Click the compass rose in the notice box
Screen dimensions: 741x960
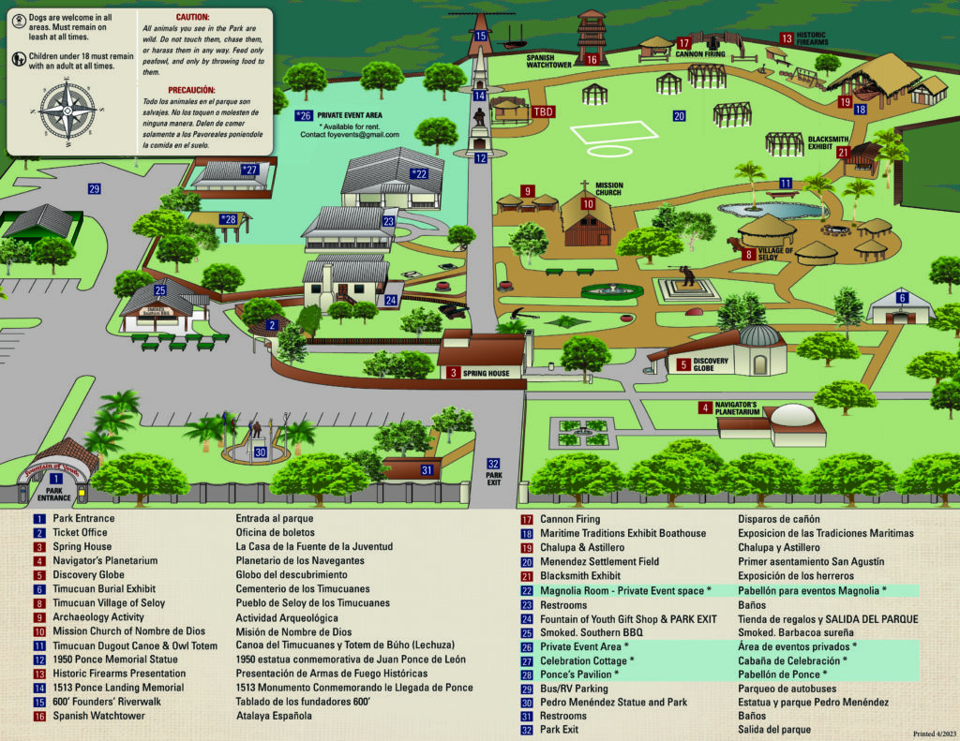click(x=67, y=107)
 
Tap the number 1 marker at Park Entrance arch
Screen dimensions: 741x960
click(x=56, y=479)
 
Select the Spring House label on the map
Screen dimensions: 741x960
click(x=485, y=373)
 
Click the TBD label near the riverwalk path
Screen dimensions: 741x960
click(x=543, y=111)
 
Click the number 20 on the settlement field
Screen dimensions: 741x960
click(x=679, y=116)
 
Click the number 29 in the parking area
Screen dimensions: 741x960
click(x=94, y=189)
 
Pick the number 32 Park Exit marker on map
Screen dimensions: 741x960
click(x=494, y=463)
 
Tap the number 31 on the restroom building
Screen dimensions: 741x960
click(x=427, y=470)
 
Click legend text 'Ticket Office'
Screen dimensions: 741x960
click(x=82, y=532)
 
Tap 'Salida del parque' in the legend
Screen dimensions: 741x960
click(x=774, y=730)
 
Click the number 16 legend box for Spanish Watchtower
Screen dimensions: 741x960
click(x=39, y=716)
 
